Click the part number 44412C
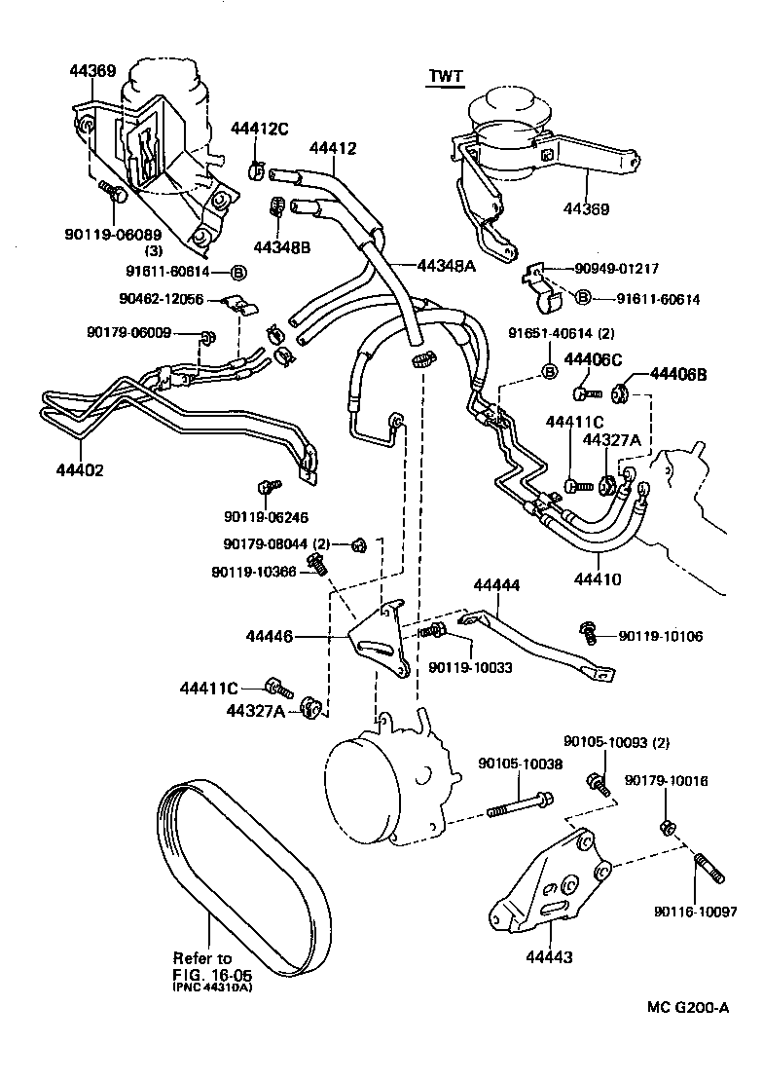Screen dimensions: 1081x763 pos(260,129)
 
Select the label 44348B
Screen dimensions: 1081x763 pos(281,247)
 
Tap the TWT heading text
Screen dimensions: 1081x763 pos(444,76)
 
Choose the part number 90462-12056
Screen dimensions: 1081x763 pos(163,300)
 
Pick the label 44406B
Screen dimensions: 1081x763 pos(678,374)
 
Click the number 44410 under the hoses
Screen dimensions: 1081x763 pos(598,579)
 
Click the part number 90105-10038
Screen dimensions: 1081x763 pos(520,764)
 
